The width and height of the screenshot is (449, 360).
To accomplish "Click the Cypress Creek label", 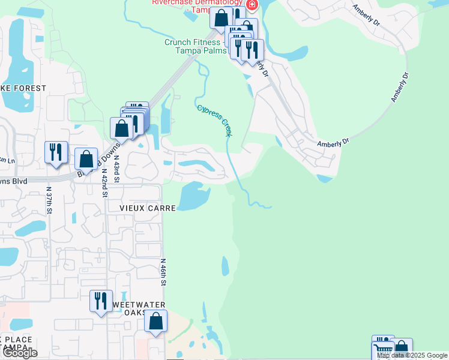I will pyautogui.click(x=214, y=119).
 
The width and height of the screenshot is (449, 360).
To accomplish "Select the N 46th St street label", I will pyautogui.click(x=162, y=272).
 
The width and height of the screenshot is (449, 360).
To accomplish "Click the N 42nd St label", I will pyautogui.click(x=104, y=183).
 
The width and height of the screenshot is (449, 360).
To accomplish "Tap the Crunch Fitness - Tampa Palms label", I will pyautogui.click(x=194, y=46).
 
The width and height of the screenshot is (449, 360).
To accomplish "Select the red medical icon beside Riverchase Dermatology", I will pyautogui.click(x=252, y=5).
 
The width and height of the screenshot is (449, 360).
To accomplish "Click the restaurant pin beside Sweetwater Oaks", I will pyautogui.click(x=100, y=300).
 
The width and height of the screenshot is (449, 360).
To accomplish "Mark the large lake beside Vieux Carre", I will pyautogui.click(x=193, y=196).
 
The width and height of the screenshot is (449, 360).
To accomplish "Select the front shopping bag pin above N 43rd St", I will pyautogui.click(x=122, y=128).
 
